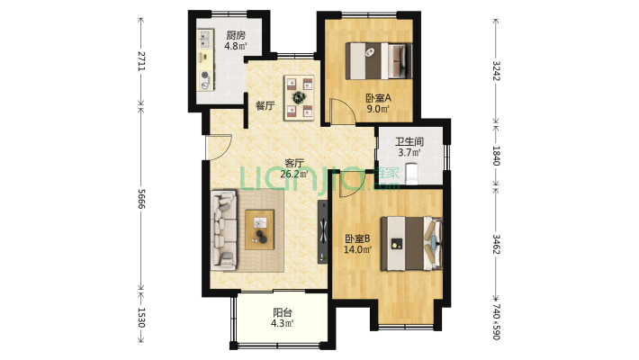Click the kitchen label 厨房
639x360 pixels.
(236, 35)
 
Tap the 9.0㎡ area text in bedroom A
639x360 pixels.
(377, 109)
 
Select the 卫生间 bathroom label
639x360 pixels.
(409, 142)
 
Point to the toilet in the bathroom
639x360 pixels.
(412, 174)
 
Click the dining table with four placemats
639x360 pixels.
(299, 97)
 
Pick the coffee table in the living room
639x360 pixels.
(259, 229)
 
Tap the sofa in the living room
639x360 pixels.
(224, 229)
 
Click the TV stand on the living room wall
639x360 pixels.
(323, 231)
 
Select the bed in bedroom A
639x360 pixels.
(379, 60)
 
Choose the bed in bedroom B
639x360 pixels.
(411, 244)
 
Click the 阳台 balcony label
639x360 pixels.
(283, 313)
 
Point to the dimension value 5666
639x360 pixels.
(141, 199)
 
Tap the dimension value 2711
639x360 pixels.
(141, 60)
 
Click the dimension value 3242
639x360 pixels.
(496, 71)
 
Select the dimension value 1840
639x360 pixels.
(496, 156)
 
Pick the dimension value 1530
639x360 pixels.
(141, 318)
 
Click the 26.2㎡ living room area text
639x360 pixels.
(293, 174)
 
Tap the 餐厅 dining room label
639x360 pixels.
(265, 106)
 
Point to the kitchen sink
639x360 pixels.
(205, 39)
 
